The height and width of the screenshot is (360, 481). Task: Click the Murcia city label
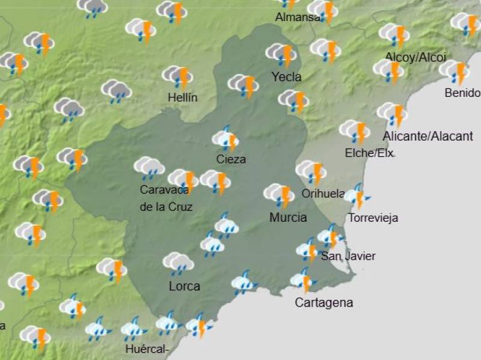(288, 218)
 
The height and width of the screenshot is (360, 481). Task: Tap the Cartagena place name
(323, 303)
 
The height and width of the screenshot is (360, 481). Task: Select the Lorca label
(184, 287)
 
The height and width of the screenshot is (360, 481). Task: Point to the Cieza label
(231, 160)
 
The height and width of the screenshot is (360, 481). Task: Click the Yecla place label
(286, 77)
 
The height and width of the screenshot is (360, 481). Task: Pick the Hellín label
(183, 97)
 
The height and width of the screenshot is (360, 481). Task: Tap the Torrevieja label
(373, 218)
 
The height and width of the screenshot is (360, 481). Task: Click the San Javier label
(348, 257)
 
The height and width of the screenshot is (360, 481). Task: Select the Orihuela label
(323, 194)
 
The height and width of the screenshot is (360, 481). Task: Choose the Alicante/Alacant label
(427, 136)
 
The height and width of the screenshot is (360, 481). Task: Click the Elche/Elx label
(369, 153)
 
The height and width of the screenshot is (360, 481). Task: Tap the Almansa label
(298, 17)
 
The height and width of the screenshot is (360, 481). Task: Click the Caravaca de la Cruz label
(165, 198)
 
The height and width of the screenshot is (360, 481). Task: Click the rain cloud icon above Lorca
(178, 263)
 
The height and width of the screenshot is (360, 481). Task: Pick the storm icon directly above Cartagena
(303, 280)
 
